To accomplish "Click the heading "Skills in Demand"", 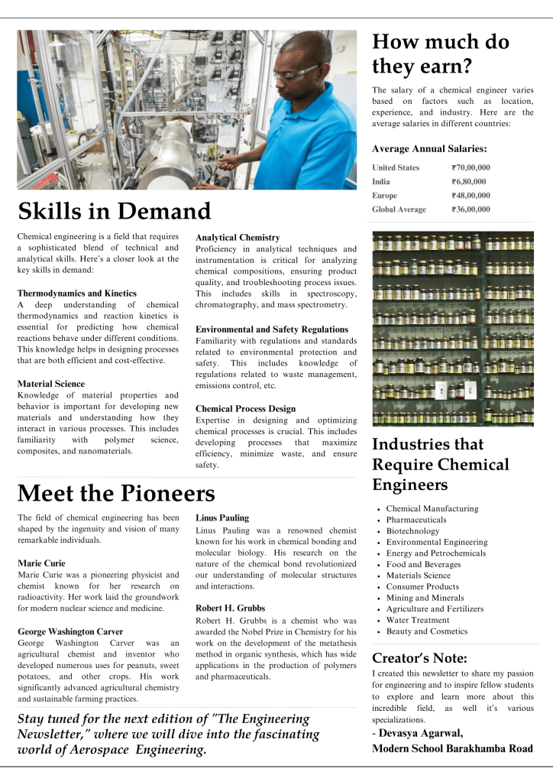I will click(114, 211).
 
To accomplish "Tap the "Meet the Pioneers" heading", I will click(116, 493).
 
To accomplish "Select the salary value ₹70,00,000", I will click(471, 167).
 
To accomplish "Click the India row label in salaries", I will click(381, 181).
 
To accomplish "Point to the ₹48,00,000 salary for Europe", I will click(471, 195).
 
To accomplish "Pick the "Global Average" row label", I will click(399, 209).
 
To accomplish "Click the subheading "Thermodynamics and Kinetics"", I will click(77, 293).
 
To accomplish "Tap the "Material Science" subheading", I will click(50, 384).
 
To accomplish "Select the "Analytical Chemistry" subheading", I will click(238, 238).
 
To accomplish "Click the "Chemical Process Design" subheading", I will click(245, 409).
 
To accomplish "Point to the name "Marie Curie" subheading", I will click(41, 563).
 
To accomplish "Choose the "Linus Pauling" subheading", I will click(222, 518).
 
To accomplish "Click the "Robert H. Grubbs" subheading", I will click(231, 608).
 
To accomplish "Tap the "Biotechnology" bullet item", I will click(412, 531).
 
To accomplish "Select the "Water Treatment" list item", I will click(418, 620).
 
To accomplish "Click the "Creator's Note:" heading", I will click(419, 658).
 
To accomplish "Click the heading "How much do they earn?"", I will click(441, 54).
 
